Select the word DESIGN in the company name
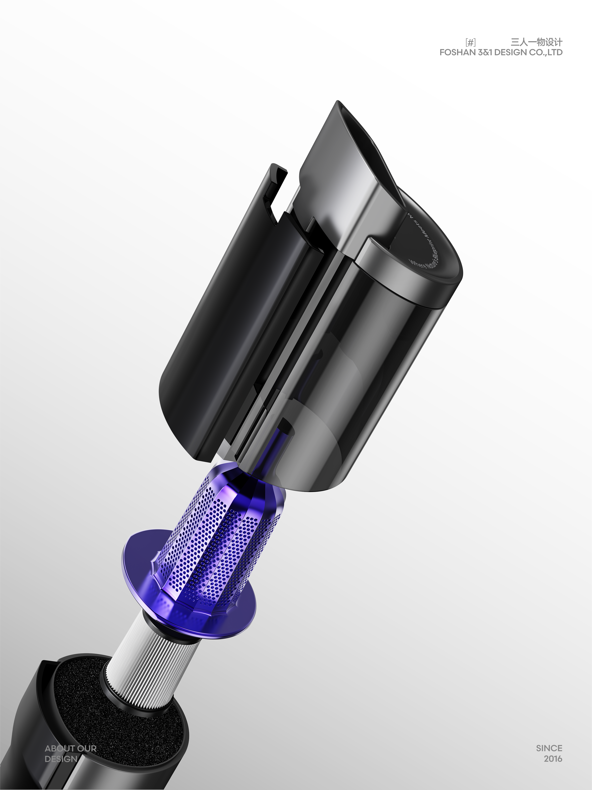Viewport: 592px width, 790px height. (x=510, y=53)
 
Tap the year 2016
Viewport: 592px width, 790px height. (x=553, y=759)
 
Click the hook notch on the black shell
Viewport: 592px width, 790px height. (x=277, y=193)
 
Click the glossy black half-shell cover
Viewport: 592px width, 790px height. (x=214, y=321)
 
